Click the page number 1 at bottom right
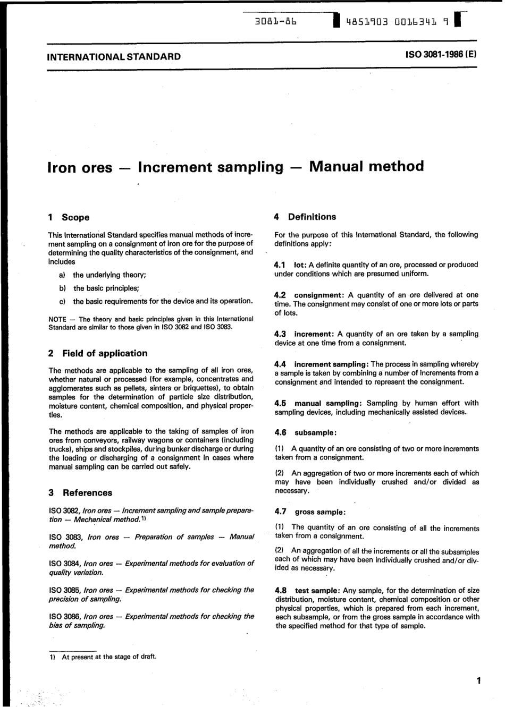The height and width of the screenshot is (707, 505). (479, 681)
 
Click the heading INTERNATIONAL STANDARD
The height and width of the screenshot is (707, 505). (114, 57)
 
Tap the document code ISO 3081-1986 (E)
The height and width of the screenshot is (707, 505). (441, 55)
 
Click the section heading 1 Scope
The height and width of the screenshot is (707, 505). (69, 217)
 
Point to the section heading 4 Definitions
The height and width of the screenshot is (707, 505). (305, 217)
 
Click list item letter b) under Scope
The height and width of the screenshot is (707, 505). (62, 288)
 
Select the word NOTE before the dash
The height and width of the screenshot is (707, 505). (57, 319)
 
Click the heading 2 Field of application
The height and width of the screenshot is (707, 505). (98, 353)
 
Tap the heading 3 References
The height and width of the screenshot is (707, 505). (80, 493)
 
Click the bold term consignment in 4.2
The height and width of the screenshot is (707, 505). (318, 295)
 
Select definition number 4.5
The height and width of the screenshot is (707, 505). (281, 403)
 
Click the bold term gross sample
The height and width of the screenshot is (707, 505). (319, 512)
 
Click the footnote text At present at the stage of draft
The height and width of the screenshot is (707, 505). (109, 657)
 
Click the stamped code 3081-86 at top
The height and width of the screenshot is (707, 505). (275, 22)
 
